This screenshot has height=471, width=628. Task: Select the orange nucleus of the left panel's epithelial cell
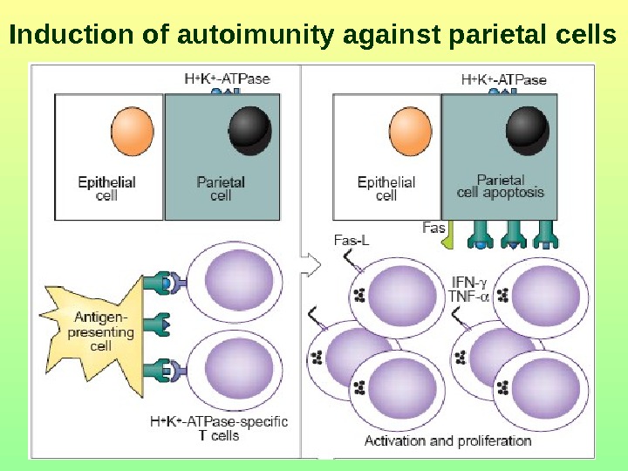pyautogui.click(x=133, y=131)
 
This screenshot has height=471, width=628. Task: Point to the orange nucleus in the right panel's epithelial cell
pyautogui.click(x=411, y=131)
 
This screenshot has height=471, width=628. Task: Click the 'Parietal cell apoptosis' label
pyautogui.click(x=500, y=187)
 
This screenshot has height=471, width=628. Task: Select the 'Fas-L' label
pyautogui.click(x=352, y=240)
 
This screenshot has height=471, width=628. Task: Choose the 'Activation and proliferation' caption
pyautogui.click(x=447, y=440)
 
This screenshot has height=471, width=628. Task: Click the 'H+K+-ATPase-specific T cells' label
pyautogui.click(x=218, y=428)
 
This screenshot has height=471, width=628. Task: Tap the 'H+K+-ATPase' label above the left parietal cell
pyautogui.click(x=228, y=78)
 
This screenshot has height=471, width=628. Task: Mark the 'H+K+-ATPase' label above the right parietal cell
pyautogui.click(x=503, y=79)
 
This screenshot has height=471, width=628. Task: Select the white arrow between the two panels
pyautogui.click(x=307, y=259)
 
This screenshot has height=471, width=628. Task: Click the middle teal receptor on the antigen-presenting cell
pyautogui.click(x=158, y=325)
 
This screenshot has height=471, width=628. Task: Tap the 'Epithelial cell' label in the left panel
pyautogui.click(x=106, y=189)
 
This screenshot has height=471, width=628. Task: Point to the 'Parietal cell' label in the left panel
pyautogui.click(x=221, y=189)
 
